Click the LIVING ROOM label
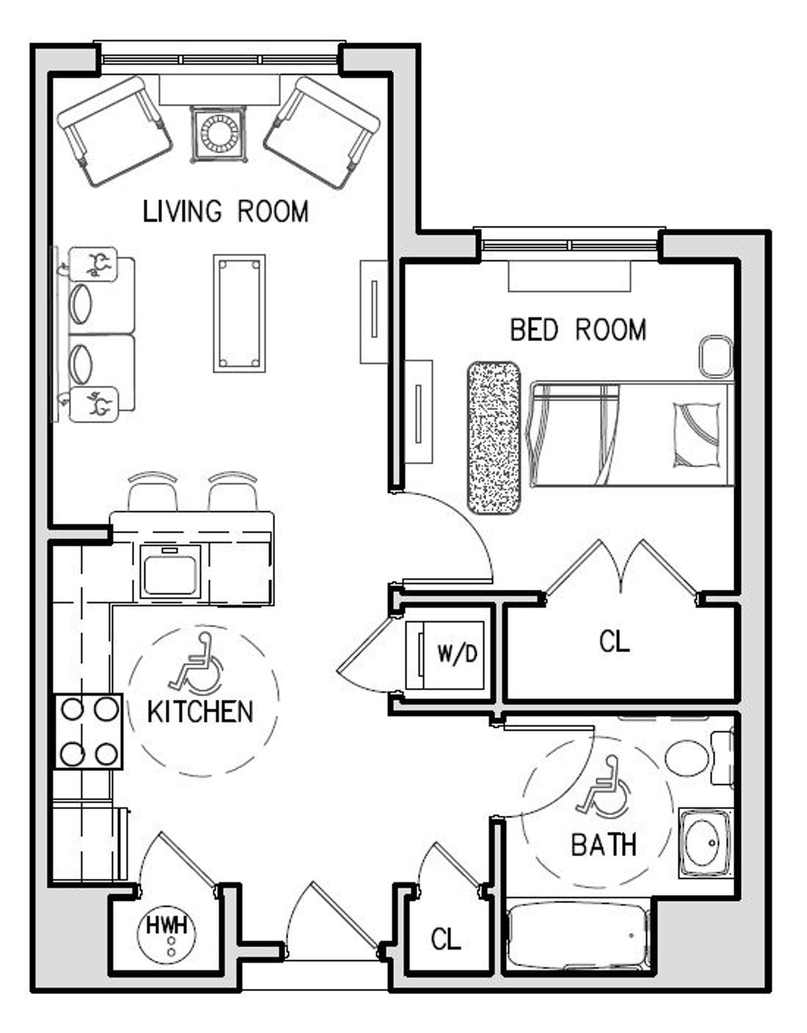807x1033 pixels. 225,211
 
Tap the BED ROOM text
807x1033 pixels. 578,330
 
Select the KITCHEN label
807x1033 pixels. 200,712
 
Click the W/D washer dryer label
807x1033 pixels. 457,654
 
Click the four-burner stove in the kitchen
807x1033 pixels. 89,732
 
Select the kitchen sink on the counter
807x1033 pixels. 170,571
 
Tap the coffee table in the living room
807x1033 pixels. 239,313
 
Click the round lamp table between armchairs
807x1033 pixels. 219,133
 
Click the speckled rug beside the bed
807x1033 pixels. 494,437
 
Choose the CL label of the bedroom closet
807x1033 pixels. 614,641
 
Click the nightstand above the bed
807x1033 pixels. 716,356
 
